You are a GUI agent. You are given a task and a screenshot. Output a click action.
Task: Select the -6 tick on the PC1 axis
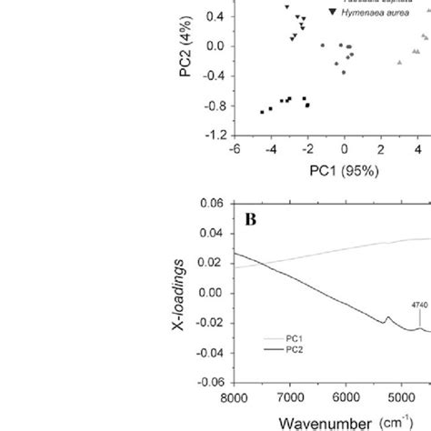(235, 149)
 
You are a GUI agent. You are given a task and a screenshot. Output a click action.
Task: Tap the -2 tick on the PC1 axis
(307, 149)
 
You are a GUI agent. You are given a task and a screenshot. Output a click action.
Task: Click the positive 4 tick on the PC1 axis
(417, 149)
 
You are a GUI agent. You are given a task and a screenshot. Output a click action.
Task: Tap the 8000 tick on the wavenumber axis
(235, 397)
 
